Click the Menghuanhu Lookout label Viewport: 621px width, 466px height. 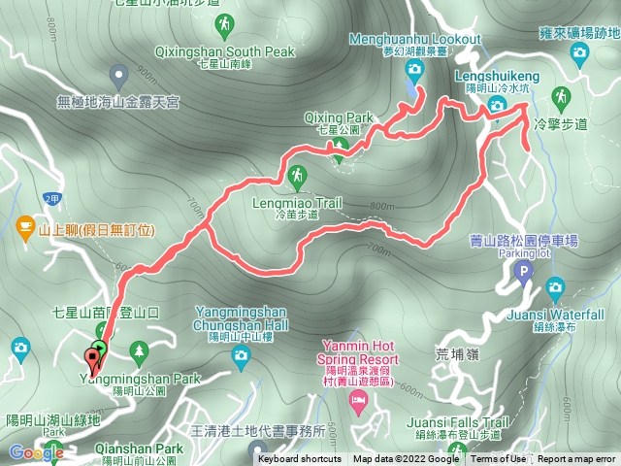[415, 38]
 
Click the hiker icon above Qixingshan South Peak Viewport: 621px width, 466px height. [225, 22]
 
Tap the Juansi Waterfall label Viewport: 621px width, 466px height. [555, 315]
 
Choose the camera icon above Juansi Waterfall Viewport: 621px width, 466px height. [555, 286]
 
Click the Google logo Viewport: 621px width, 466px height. [36, 452]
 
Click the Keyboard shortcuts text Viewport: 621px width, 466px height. [300, 459]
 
